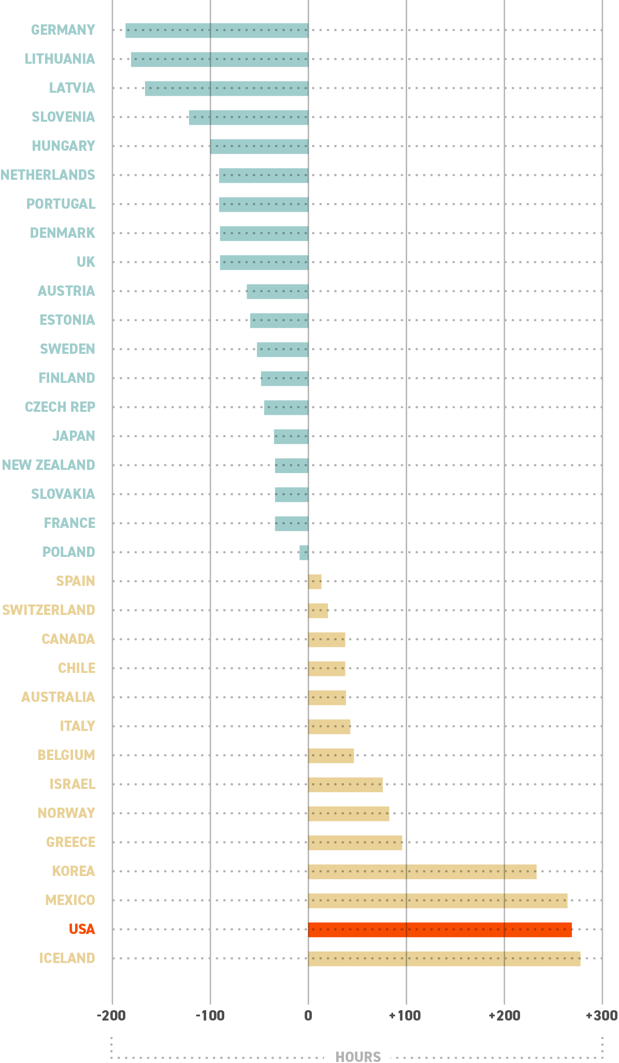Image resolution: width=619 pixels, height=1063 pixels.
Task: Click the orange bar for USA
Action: point(440,929)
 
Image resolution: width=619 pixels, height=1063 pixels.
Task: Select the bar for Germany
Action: point(217,31)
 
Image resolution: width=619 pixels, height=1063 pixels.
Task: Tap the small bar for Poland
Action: point(304,552)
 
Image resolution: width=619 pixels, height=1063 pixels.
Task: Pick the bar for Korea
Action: point(422,871)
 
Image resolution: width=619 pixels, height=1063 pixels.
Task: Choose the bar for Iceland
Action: point(444,958)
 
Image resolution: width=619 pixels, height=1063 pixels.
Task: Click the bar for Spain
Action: point(314,581)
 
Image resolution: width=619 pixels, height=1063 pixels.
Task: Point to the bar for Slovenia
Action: point(248,118)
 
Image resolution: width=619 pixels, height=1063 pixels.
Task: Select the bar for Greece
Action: point(355,842)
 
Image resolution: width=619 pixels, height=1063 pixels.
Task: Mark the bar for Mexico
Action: point(438,900)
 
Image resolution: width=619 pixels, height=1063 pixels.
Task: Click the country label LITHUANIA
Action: point(60,59)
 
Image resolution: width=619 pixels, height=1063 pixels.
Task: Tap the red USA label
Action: point(82,929)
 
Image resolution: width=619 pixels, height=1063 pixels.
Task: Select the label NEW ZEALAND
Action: point(48,465)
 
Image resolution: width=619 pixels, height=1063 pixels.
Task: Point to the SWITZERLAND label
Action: point(48,610)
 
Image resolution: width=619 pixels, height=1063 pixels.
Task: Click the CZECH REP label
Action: point(60,407)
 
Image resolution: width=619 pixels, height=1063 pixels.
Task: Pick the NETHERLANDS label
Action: point(48,175)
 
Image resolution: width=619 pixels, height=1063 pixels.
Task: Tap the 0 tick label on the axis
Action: point(308,1015)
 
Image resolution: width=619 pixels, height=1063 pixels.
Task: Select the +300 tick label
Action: point(601,1015)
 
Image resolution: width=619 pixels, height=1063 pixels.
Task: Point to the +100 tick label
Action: point(405,1015)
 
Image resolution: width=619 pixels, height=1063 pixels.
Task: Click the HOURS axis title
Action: point(358,1056)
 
